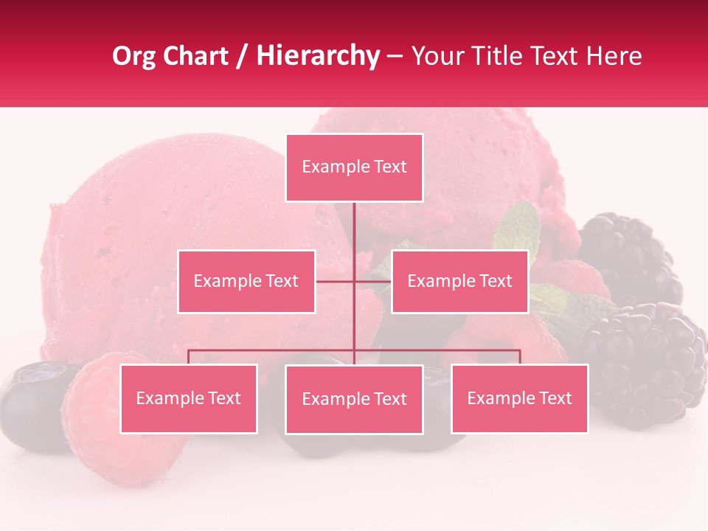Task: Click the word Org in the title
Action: point(134,56)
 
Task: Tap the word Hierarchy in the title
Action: point(317,56)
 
